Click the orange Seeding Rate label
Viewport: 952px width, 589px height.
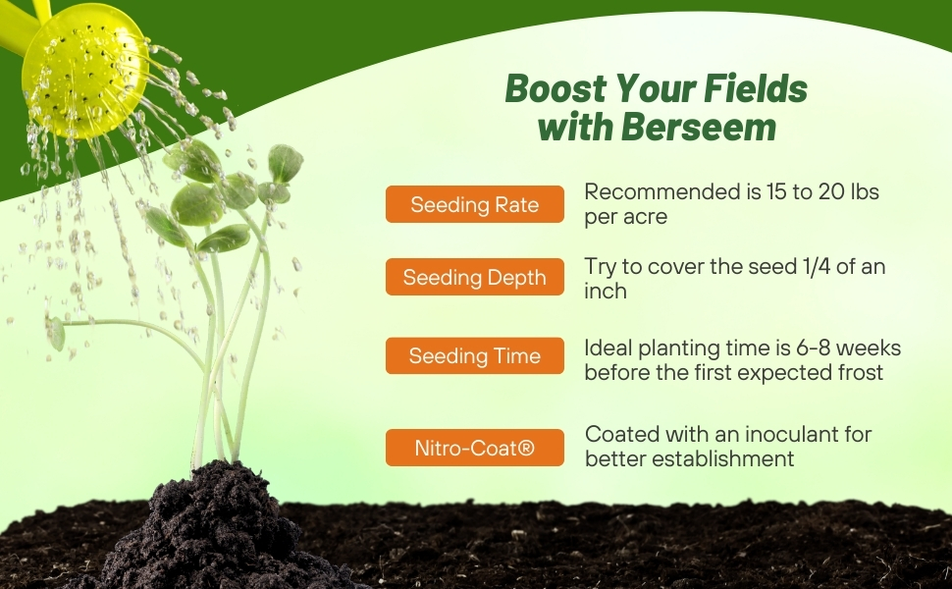point(475,204)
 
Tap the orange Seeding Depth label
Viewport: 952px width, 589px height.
point(475,277)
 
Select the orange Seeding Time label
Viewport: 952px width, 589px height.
point(475,355)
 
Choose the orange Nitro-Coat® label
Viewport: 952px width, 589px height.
point(475,448)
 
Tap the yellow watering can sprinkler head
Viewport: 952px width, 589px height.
point(83,69)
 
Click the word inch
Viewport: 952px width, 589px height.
point(606,292)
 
